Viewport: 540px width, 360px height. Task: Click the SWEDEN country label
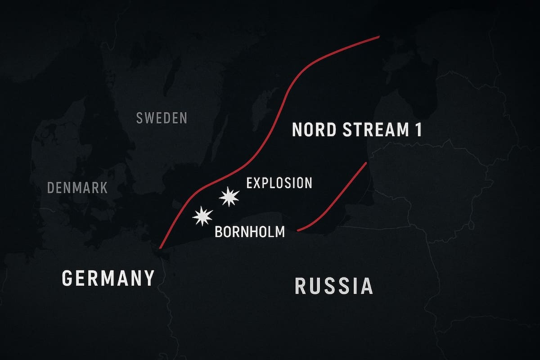click(162, 118)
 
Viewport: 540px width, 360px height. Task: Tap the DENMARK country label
click(77, 187)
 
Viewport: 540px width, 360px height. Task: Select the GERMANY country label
click(108, 278)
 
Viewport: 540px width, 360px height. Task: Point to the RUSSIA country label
click(333, 286)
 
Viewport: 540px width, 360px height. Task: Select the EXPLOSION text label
click(279, 183)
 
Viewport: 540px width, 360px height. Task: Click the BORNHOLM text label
click(250, 232)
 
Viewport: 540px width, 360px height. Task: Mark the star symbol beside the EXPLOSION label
click(229, 197)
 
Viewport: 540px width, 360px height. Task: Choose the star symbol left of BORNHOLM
click(202, 216)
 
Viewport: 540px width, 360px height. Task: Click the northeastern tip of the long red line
click(379, 37)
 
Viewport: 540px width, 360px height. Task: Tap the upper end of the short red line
click(367, 162)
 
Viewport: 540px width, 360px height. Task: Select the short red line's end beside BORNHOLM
click(298, 231)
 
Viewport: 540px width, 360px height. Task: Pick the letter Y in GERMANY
click(148, 278)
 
